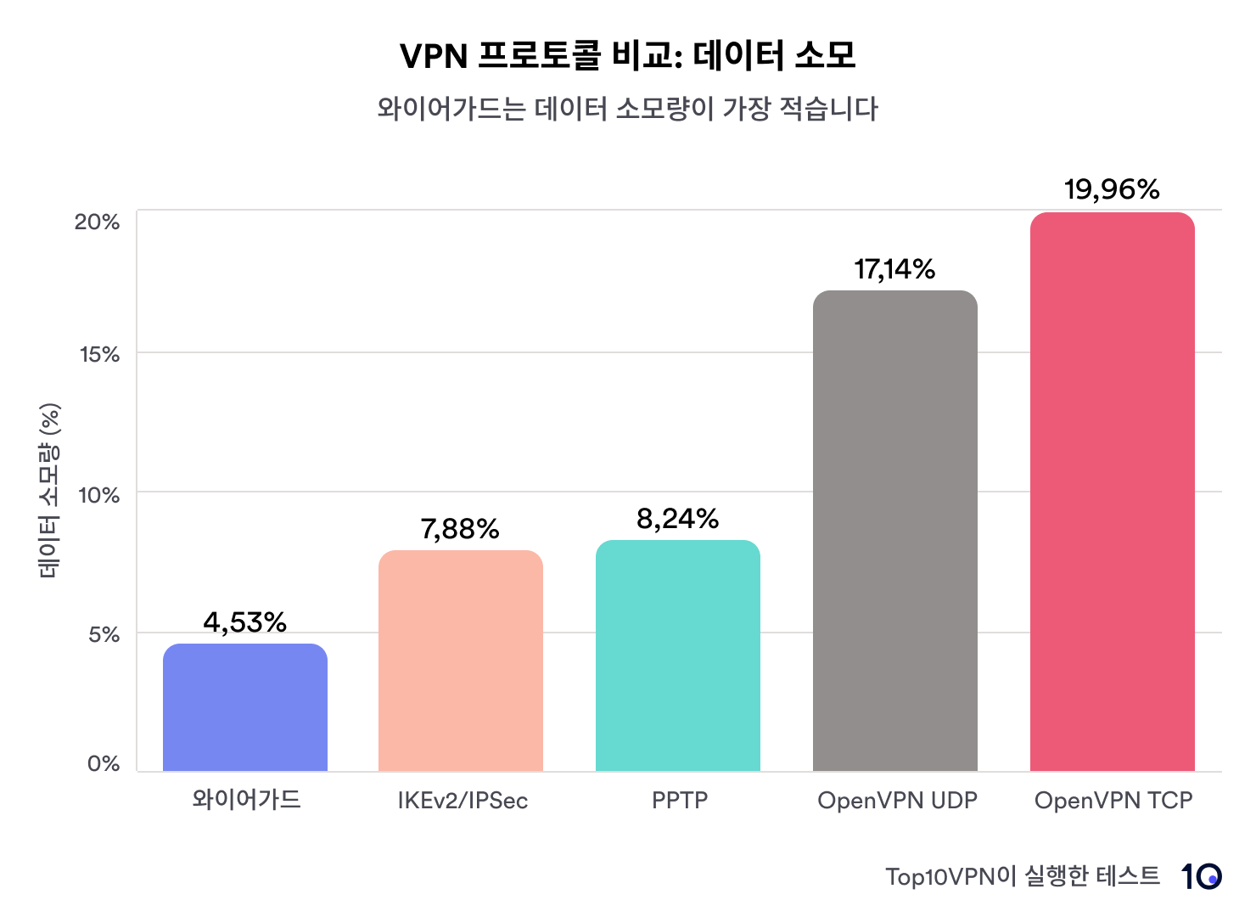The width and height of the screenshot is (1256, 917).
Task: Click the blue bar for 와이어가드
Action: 245,707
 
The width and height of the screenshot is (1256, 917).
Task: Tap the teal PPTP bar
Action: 678,655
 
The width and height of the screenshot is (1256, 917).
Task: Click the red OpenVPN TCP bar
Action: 1113,492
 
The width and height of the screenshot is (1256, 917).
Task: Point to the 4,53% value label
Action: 245,622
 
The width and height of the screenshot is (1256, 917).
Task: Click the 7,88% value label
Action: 460,530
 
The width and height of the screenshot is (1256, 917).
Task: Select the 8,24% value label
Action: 678,519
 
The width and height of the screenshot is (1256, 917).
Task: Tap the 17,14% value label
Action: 894,270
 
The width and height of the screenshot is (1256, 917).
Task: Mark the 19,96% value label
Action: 1112,189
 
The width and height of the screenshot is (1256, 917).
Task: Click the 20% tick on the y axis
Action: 98,222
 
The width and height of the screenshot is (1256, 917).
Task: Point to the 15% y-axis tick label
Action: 100,355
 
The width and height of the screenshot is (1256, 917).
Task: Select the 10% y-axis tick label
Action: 99,495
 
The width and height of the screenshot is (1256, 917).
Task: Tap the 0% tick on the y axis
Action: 104,764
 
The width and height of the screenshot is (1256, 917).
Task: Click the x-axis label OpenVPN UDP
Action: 897,801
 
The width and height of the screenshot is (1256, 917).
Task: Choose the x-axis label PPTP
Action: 679,801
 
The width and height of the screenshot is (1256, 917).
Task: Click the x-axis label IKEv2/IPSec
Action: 463,801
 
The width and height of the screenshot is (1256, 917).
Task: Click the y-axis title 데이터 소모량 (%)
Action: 49,492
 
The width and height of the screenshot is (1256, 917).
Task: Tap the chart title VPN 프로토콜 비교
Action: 628,56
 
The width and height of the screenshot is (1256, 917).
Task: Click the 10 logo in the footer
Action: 1201,876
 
